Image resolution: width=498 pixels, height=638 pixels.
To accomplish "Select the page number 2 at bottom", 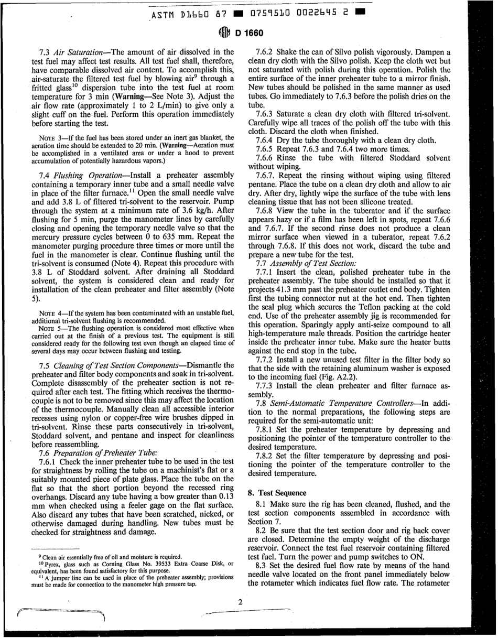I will coord(240,601).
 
